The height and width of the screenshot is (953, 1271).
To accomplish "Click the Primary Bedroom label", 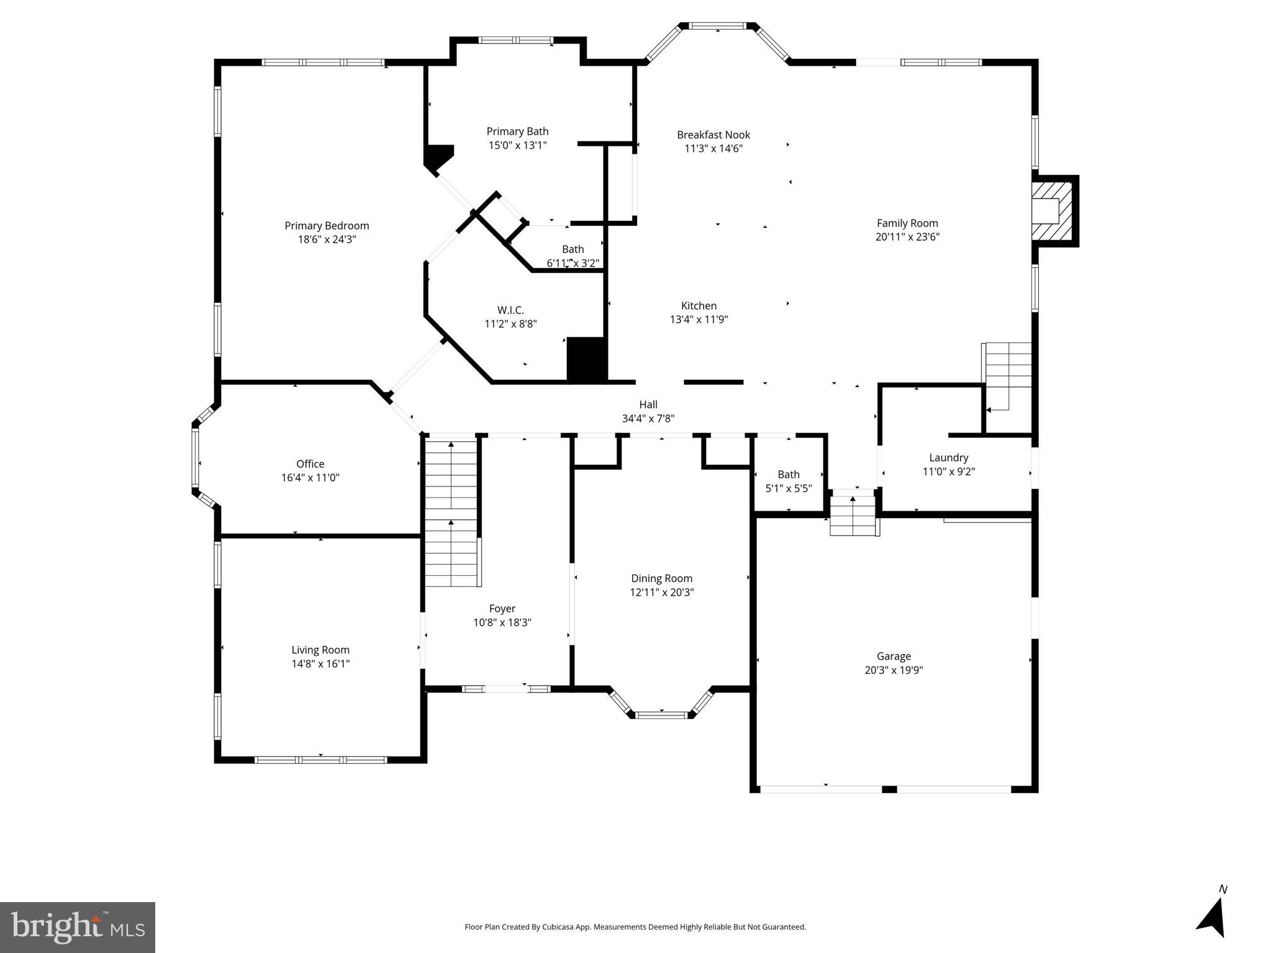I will pyautogui.click(x=327, y=226).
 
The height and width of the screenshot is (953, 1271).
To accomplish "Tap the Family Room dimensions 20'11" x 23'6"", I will pyautogui.click(x=907, y=237).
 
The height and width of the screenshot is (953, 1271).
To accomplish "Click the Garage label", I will pyautogui.click(x=893, y=656).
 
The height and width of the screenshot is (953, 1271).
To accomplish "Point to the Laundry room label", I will pyautogui.click(x=948, y=458).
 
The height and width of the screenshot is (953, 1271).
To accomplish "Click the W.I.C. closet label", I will pyautogui.click(x=510, y=310).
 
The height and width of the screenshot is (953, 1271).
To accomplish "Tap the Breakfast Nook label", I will pyautogui.click(x=713, y=135).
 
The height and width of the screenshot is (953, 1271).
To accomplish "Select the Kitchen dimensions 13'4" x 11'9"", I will pyautogui.click(x=699, y=320).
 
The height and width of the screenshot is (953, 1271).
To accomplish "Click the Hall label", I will pyautogui.click(x=648, y=405).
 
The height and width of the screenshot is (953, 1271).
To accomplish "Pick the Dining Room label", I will pyautogui.click(x=661, y=578).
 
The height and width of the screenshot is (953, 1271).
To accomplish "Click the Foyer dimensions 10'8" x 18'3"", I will pyautogui.click(x=502, y=622).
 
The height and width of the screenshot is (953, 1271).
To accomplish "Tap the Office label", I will pyautogui.click(x=310, y=464).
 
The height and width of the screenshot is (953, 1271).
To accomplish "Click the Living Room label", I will pyautogui.click(x=320, y=650).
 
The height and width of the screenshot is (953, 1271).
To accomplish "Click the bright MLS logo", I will pyautogui.click(x=78, y=928).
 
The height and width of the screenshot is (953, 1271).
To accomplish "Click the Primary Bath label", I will pyautogui.click(x=517, y=132).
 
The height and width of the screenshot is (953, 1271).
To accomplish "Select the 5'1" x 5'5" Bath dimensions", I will pyautogui.click(x=789, y=488).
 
